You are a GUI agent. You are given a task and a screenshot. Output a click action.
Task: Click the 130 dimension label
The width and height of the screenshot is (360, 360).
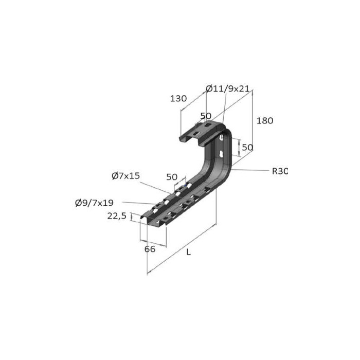[178, 99]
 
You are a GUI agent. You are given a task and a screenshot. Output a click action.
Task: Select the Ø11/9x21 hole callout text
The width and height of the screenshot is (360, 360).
[227, 88]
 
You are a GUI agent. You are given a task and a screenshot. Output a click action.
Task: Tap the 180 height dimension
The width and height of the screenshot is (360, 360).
[265, 121]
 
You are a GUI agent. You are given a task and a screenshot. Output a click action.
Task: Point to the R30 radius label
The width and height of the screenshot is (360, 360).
[279, 171]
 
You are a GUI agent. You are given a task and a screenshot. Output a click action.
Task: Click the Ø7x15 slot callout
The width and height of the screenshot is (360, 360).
[125, 176]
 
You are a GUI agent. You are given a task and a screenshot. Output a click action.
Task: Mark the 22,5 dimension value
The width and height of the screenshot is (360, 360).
[117, 217]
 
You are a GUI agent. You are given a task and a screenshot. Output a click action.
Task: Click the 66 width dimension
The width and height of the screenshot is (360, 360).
[150, 249]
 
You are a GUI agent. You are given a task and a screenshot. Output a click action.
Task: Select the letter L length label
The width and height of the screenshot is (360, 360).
[189, 253]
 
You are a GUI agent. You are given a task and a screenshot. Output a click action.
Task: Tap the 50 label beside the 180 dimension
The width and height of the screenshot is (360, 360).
[247, 147]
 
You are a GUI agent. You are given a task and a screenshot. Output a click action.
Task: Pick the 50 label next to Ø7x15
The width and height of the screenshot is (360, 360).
[172, 177]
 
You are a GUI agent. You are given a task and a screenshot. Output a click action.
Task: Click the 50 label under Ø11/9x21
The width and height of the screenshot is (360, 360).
[206, 116]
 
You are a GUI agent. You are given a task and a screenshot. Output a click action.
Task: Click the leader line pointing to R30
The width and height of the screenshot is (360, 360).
[252, 169]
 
